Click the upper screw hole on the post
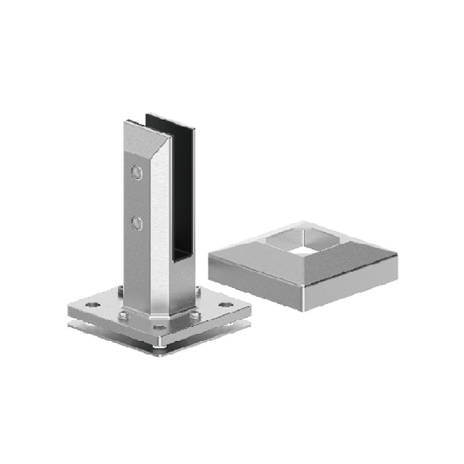(136, 172)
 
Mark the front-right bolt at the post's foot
(195, 316)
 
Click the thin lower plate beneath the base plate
(116, 331)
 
